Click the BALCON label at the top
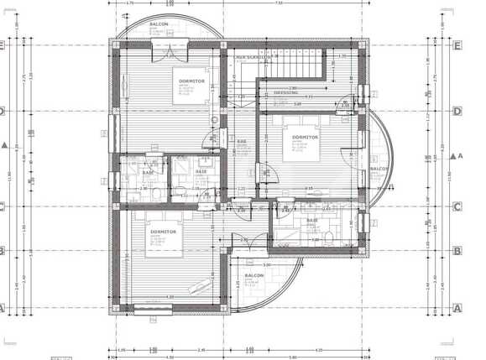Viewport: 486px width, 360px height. pos(159,24)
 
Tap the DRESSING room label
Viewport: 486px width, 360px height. pos(286,92)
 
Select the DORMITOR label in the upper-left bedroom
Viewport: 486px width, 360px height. pos(191,81)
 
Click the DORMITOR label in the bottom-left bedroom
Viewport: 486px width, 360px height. pos(163,231)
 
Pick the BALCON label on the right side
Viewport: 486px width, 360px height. pos(378,168)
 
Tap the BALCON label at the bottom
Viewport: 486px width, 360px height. pos(255,274)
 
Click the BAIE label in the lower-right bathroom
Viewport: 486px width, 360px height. pos(311,221)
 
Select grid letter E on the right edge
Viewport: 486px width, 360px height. pos(457,47)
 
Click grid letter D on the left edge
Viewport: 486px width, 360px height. pos(3,111)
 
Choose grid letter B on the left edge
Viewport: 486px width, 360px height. pos(3,250)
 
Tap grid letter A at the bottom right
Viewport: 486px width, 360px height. pos(457,308)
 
